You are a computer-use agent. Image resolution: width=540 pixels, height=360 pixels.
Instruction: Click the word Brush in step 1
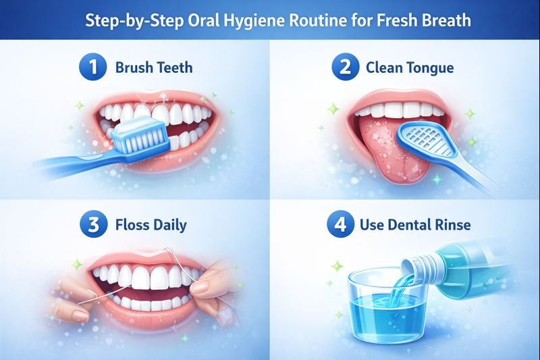tap(134, 68)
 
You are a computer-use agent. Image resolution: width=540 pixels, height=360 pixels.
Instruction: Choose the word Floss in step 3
tap(134, 225)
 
